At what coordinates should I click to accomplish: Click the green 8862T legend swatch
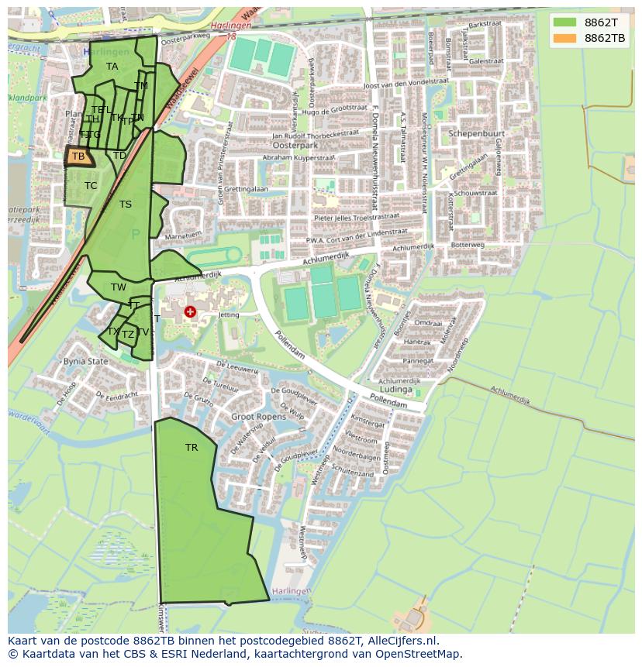565,22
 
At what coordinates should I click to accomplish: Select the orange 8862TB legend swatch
565,38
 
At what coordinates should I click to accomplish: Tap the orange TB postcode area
78,156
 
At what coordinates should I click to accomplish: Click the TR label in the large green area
192,448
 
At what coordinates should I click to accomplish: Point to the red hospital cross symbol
190,312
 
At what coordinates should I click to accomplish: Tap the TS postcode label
126,205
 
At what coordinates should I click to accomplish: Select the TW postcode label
118,287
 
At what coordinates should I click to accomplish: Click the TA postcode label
112,67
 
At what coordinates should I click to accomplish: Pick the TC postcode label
91,186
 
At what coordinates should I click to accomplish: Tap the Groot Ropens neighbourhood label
259,417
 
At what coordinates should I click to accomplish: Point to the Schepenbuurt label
476,134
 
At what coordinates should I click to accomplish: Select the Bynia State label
85,361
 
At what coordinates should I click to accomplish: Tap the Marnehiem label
183,234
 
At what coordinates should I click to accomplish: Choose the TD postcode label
119,156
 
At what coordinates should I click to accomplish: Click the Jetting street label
229,315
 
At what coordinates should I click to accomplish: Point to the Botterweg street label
468,245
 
